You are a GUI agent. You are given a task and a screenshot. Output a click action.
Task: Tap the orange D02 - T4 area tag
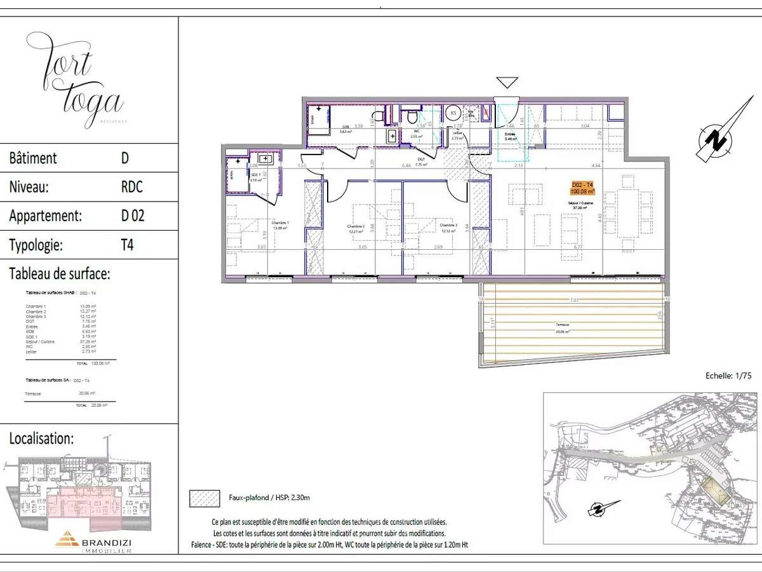(582, 188)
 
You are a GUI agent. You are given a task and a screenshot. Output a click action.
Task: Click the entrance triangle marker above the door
(507, 82)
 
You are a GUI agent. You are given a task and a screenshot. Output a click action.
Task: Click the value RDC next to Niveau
(131, 187)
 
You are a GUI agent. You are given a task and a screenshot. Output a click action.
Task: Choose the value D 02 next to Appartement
(133, 215)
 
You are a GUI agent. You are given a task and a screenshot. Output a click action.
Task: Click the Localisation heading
(41, 438)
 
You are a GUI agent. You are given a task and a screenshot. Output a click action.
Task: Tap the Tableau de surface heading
(60, 274)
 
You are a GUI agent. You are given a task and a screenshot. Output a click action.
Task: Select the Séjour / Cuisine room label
(580, 204)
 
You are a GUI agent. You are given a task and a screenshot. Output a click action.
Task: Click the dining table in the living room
(627, 213)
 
